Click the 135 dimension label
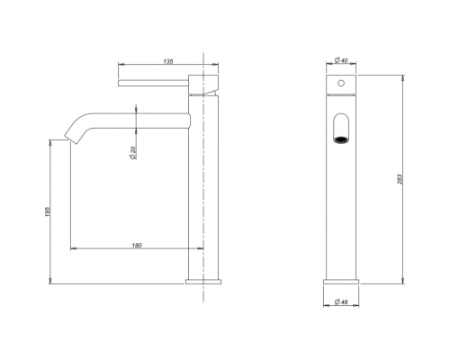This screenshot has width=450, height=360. [168, 61]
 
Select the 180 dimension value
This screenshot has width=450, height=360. [137, 246]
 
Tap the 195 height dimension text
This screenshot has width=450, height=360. [49, 211]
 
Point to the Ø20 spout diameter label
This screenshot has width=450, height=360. [133, 152]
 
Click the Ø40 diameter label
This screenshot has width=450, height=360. [341, 60]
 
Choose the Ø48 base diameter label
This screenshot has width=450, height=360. [341, 301]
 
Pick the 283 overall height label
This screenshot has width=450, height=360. [400, 179]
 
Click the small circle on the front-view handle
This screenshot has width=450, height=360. [341, 83]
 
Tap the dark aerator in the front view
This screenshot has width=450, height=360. [341, 139]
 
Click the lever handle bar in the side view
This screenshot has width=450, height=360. [153, 83]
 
